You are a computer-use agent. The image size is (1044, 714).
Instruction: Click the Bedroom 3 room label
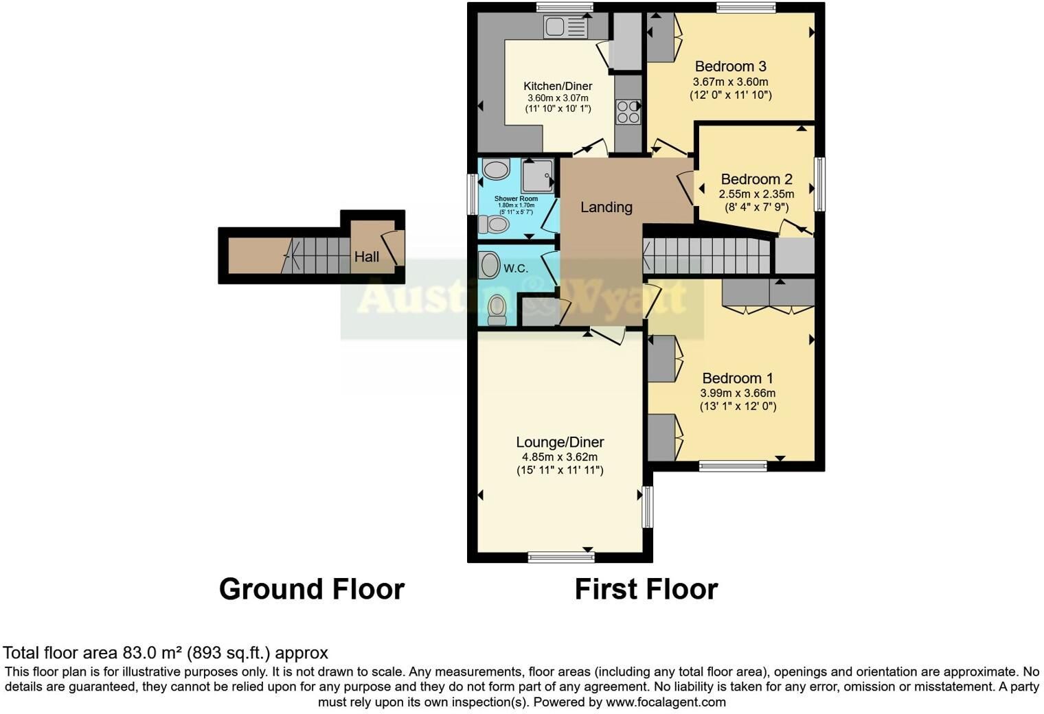click(730, 66)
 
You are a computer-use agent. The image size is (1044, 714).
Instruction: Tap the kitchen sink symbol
click(565, 26)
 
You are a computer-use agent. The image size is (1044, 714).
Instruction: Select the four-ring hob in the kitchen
click(628, 112)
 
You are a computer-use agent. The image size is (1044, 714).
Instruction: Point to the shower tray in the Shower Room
click(538, 176)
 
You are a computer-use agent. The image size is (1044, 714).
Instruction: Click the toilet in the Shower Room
click(494, 225)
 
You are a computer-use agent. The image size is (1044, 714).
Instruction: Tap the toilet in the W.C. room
click(497, 310)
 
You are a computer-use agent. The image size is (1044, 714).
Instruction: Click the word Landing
click(606, 207)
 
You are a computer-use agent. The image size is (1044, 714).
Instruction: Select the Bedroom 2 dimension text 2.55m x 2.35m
click(756, 194)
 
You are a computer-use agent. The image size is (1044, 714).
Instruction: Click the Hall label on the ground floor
click(366, 257)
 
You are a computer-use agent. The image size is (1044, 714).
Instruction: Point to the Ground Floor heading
click(312, 589)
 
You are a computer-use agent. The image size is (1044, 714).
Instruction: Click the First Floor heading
click(646, 589)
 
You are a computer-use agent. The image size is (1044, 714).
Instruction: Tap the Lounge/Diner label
click(560, 442)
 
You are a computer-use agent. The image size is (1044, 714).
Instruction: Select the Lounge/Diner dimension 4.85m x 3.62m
click(560, 457)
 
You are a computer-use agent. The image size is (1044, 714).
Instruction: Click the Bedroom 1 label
click(738, 378)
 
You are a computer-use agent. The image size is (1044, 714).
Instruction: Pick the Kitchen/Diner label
click(558, 87)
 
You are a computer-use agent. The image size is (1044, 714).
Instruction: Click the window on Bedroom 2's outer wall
click(819, 184)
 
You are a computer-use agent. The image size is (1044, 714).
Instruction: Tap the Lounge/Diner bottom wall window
click(561, 557)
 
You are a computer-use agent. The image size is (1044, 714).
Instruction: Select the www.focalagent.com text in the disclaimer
click(666, 702)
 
